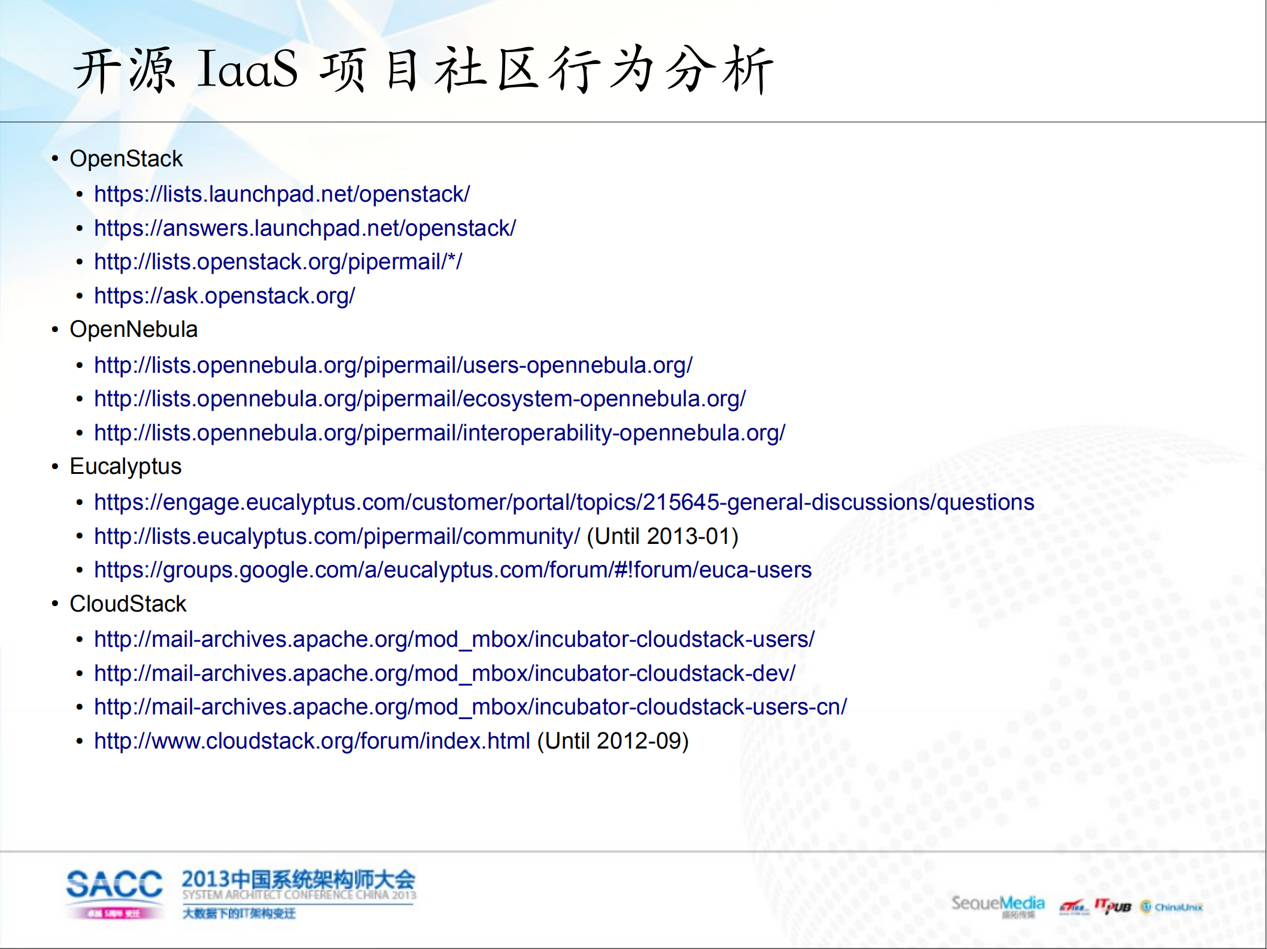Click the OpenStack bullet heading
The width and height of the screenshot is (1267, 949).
[126, 159]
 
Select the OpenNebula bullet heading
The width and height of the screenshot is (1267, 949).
[133, 330]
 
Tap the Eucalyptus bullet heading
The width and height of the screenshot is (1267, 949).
[125, 467]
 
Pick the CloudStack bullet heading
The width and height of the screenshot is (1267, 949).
[127, 604]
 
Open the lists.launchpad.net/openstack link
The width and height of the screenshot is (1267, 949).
[282, 194]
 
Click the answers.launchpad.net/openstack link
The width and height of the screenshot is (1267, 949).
[305, 229]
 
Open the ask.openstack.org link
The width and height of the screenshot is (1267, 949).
[224, 296]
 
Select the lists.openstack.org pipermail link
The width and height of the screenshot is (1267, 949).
[278, 262]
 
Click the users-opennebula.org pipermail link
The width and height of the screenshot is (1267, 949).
[393, 366]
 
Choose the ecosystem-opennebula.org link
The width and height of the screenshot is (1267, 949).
[420, 399]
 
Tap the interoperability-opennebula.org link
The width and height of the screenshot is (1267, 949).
[439, 433]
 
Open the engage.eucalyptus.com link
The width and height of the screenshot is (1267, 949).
[564, 503]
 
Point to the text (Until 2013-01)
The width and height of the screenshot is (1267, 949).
[663, 537]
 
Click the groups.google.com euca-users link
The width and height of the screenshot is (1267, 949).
[452, 570]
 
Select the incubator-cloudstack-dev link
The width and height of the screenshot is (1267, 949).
[445, 674]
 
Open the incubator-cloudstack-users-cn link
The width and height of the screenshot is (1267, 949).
[470, 707]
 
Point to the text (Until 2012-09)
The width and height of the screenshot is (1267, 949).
[613, 741]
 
